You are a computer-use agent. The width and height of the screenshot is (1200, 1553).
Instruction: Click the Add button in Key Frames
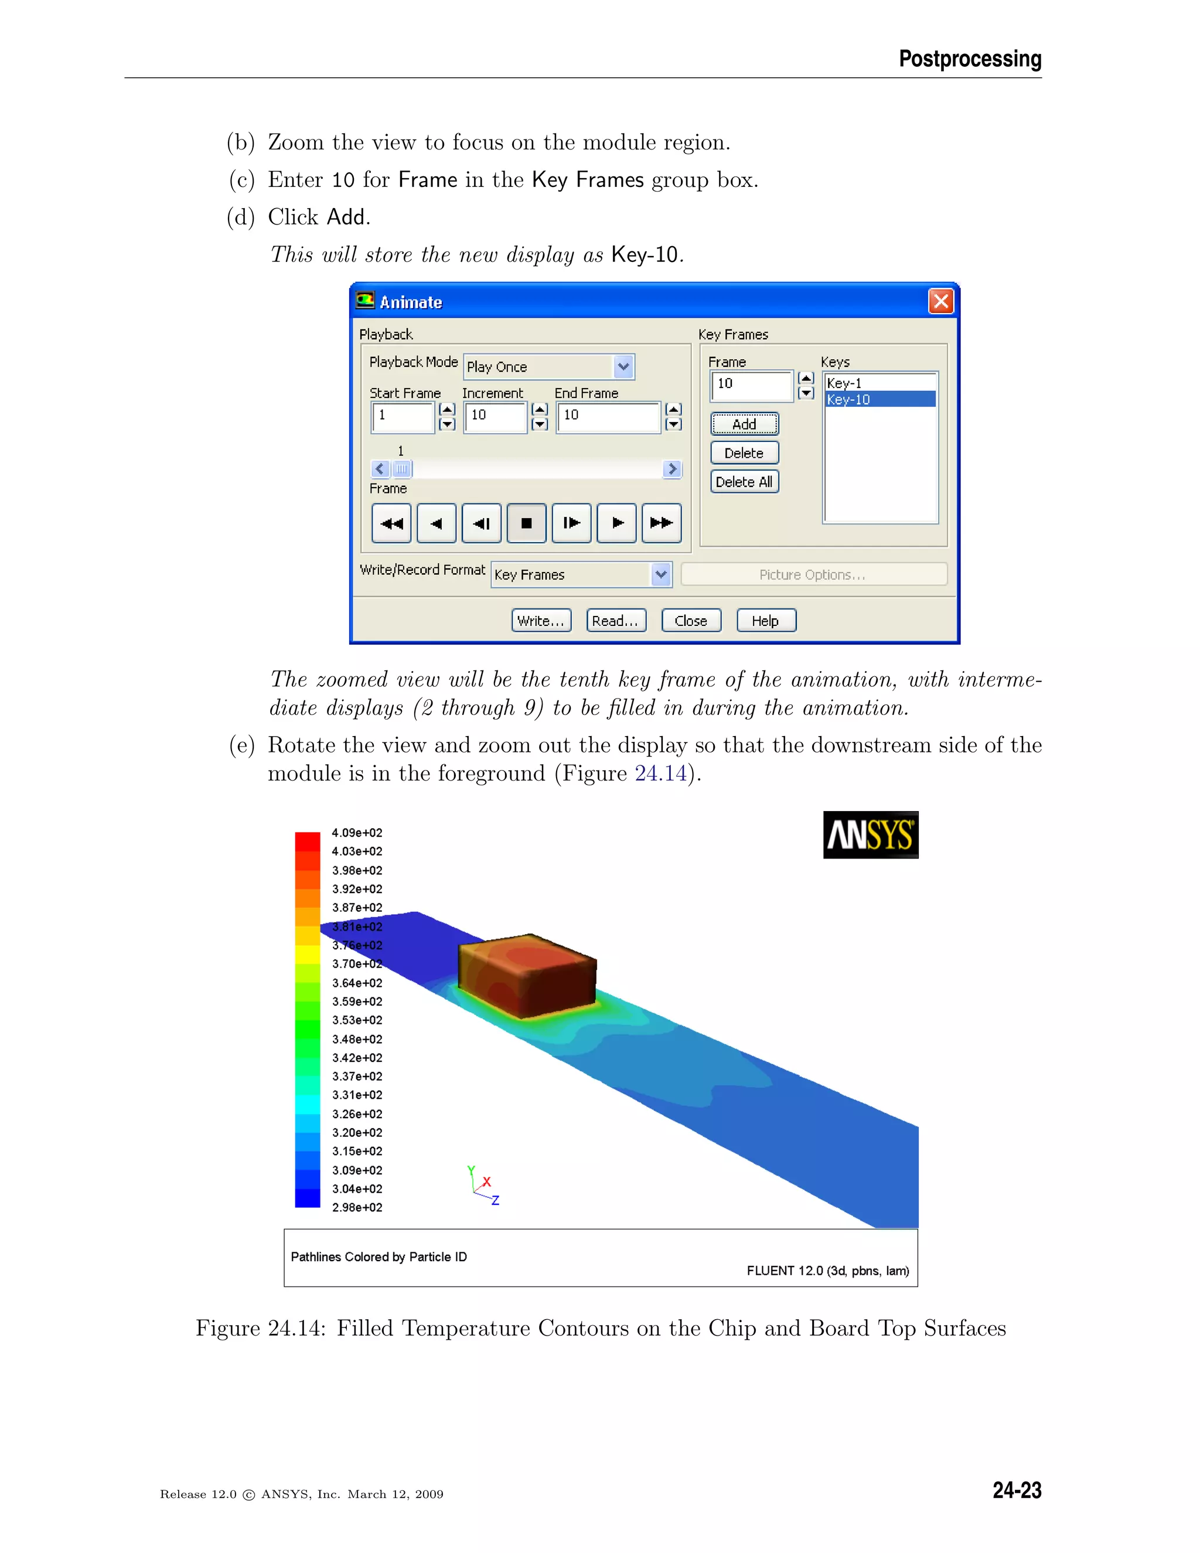744,424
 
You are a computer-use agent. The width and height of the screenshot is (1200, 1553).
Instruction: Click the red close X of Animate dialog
940,301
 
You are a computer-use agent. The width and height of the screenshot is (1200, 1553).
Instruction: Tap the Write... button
541,621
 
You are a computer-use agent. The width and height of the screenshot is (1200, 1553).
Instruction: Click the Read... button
616,621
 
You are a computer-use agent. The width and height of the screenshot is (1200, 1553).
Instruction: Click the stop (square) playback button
526,523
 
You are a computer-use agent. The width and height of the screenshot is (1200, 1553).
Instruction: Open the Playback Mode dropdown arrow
623,367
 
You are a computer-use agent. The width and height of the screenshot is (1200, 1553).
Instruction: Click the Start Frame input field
403,417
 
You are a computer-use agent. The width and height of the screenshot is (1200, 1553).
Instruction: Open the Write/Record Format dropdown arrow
661,574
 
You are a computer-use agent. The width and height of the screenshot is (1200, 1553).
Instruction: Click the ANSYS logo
870,835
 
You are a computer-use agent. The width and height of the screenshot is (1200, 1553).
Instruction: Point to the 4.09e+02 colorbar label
357,833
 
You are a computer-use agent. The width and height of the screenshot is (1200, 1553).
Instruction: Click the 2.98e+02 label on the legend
357,1207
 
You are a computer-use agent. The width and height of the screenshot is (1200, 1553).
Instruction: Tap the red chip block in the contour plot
527,974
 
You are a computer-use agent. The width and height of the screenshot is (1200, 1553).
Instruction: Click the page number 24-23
1017,1490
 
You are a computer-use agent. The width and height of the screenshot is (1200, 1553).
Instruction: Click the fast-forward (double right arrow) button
661,523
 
